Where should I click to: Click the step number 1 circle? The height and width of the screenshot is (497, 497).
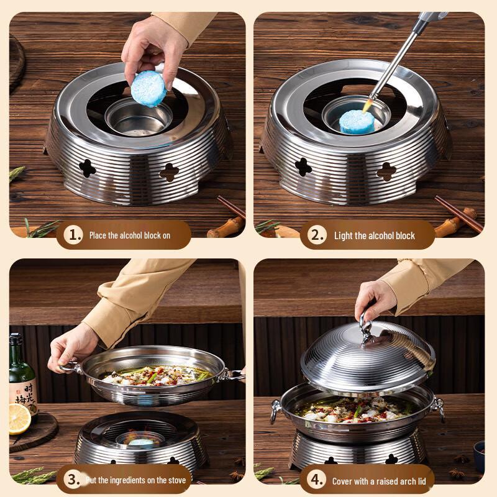[75, 235]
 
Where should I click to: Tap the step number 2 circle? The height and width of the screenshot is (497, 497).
[318, 235]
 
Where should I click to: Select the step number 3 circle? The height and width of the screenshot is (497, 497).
[74, 480]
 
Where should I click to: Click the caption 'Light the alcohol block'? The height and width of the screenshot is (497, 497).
[374, 235]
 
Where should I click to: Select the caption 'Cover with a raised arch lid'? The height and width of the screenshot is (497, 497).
[378, 481]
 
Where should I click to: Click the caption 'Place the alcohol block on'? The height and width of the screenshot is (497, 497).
[129, 235]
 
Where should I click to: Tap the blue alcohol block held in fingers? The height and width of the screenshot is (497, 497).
[148, 88]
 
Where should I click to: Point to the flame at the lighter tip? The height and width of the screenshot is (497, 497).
[372, 99]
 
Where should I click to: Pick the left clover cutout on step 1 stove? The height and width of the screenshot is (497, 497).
[87, 167]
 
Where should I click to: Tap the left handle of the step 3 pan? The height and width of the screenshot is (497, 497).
[68, 367]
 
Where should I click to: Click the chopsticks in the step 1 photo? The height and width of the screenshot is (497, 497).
[231, 207]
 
